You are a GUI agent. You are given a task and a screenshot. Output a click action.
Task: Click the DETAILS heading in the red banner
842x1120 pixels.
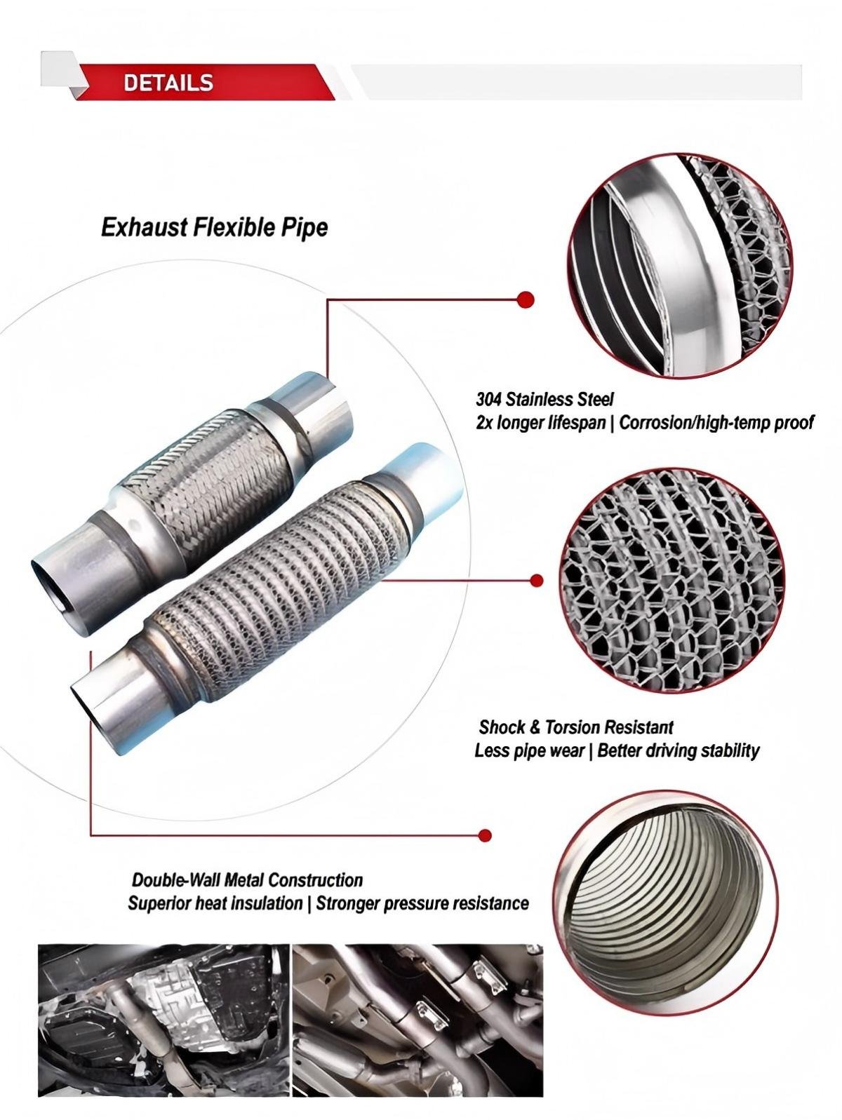[168, 83]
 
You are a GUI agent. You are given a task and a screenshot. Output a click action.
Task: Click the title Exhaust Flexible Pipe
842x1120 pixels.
[214, 227]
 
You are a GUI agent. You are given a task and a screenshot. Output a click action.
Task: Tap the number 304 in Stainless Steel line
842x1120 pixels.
[488, 399]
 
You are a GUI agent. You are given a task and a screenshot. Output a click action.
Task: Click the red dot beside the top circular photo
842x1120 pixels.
[525, 299]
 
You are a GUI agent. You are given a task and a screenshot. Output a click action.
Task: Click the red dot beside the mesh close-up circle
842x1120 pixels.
[536, 580]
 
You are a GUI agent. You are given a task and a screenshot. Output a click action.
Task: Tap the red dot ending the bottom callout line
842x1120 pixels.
[486, 835]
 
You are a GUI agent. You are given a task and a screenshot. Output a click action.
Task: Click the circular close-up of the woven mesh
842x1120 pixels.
[674, 581]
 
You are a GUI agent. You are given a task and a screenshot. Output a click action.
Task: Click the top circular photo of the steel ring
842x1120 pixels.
[682, 265]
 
